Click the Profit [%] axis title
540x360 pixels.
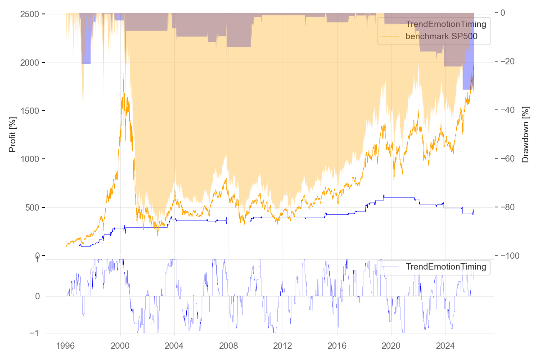click(13, 135)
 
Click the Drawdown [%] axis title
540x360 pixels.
click(525, 135)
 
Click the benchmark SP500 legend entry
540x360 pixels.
click(441, 37)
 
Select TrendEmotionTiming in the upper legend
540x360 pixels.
click(445, 24)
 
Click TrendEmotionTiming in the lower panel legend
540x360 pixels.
click(445, 267)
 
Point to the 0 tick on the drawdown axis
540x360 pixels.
click(503, 13)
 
